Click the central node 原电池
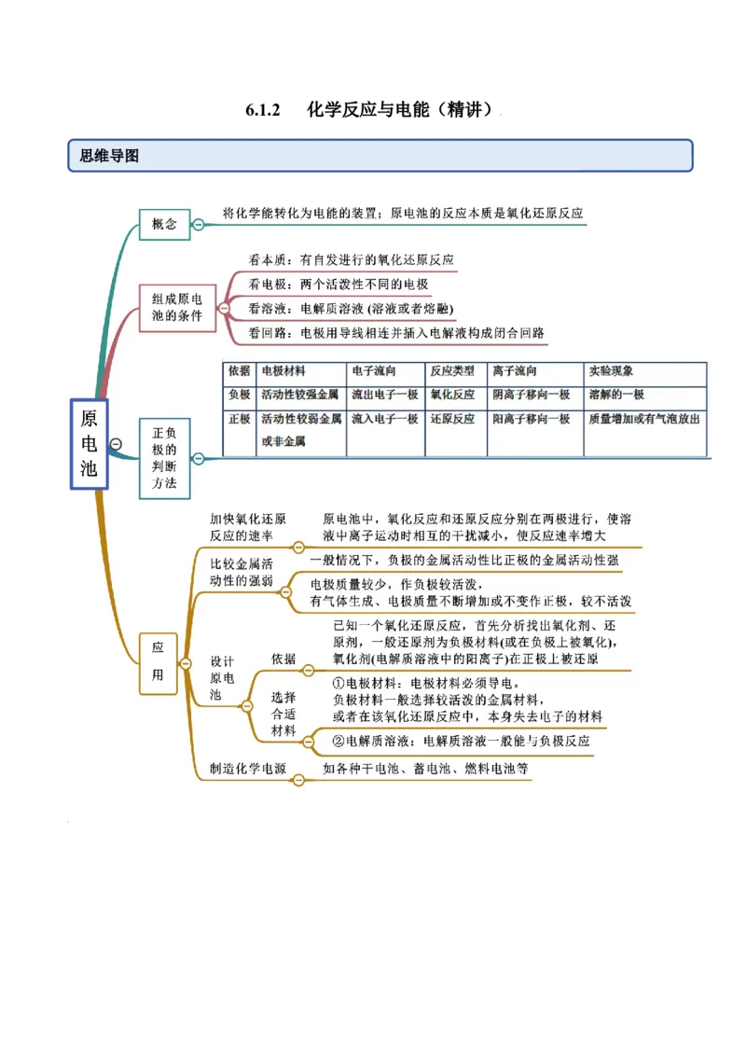[x=89, y=443]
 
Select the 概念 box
[x=164, y=224]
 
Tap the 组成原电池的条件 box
[x=177, y=308]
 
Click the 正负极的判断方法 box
[x=164, y=458]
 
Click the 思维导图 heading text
[x=109, y=156]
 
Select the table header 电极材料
[x=283, y=371]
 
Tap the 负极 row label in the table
[x=239, y=395]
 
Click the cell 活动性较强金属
[x=300, y=395]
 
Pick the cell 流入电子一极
[x=384, y=420]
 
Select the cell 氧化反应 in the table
[x=452, y=395]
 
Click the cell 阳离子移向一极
[x=531, y=420]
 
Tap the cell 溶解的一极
[x=616, y=395]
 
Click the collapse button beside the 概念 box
[x=199, y=224]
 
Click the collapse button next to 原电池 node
[x=116, y=444]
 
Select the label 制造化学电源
[x=247, y=770]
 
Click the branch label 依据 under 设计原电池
[x=283, y=659]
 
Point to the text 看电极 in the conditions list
[x=267, y=284]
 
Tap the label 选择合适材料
[x=283, y=714]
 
